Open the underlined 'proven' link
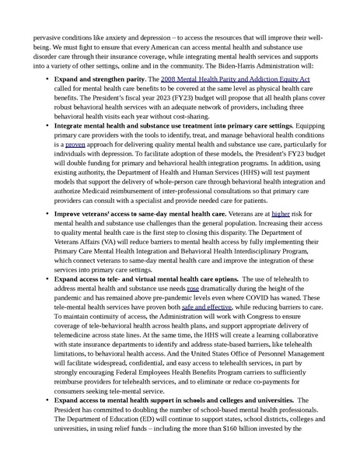pyautogui.click(x=75, y=145)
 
